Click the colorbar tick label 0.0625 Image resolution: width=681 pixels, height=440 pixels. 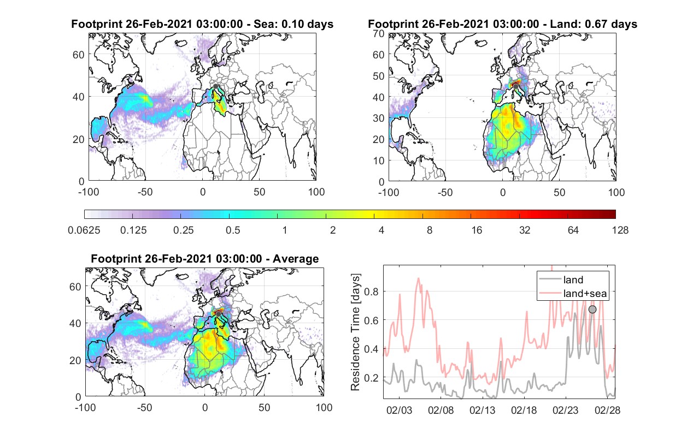click(84, 230)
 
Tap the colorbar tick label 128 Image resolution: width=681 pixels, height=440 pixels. click(620, 230)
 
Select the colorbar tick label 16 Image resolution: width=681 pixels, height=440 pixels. click(477, 230)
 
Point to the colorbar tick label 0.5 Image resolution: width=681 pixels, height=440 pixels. click(233, 230)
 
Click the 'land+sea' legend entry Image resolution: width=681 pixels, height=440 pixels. click(573, 293)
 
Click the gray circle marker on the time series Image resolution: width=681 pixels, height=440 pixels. click(592, 310)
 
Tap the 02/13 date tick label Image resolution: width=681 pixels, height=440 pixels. click(482, 411)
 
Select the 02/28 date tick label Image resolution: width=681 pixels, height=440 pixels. click(607, 411)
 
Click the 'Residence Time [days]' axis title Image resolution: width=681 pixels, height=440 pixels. click(355, 332)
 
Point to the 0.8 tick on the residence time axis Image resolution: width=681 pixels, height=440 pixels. click(371, 292)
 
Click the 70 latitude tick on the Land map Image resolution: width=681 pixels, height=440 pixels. click(379, 33)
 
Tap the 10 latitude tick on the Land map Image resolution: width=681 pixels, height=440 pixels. click(379, 160)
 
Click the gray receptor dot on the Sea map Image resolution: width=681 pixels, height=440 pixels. click(215, 86)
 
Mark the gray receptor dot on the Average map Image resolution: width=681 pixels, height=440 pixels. click(218, 314)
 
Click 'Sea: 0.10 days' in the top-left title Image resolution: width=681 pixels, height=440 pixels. click(293, 24)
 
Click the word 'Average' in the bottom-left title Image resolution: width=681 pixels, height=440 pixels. click(296, 259)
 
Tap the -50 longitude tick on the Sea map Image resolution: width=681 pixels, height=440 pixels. click(145, 192)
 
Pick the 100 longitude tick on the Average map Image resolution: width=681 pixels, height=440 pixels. click(324, 407)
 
